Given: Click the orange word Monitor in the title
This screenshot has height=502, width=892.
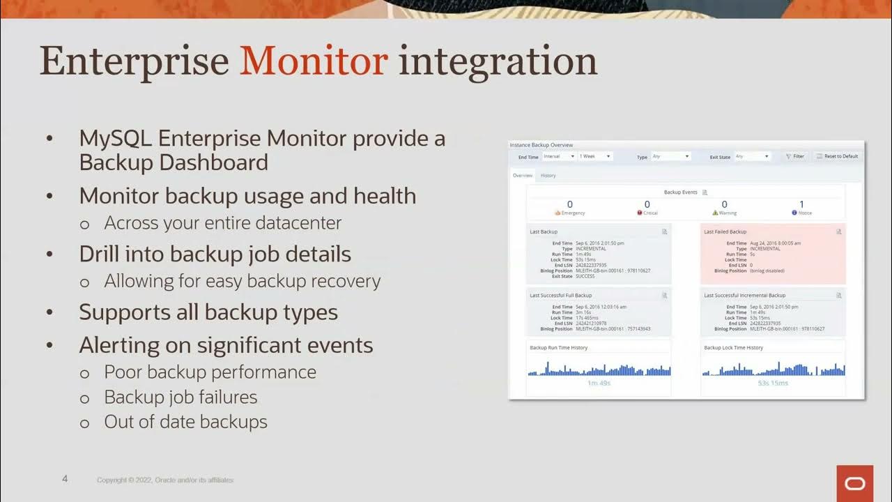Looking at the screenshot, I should tap(314, 61).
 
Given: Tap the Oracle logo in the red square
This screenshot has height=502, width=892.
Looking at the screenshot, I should tap(854, 483).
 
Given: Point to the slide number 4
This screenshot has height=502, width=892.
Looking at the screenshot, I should tap(65, 479).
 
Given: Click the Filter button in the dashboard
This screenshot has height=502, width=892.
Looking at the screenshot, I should tap(794, 156).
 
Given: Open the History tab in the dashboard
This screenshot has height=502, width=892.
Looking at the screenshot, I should tap(548, 176).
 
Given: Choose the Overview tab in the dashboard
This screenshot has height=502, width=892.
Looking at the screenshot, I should tap(523, 176).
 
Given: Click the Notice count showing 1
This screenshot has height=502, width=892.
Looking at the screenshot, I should tap(801, 205).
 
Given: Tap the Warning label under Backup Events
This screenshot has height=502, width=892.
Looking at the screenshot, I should tap(727, 213).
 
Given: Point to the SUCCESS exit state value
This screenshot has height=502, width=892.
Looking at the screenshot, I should tap(585, 276).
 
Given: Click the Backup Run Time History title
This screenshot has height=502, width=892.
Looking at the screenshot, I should tap(558, 347).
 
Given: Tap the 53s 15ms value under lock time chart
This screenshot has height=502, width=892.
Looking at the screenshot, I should tap(773, 383).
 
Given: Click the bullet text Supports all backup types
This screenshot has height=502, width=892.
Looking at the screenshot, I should tap(208, 312).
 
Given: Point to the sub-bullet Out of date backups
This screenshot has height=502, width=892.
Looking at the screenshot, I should tap(185, 422).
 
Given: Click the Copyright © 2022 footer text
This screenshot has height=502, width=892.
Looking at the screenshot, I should tap(165, 480).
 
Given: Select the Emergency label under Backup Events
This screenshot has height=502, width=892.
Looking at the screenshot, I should tap(572, 213).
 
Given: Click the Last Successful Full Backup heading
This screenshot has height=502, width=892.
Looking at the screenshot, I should tap(560, 296).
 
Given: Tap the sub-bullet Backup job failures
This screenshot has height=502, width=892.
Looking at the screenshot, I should tap(180, 397).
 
